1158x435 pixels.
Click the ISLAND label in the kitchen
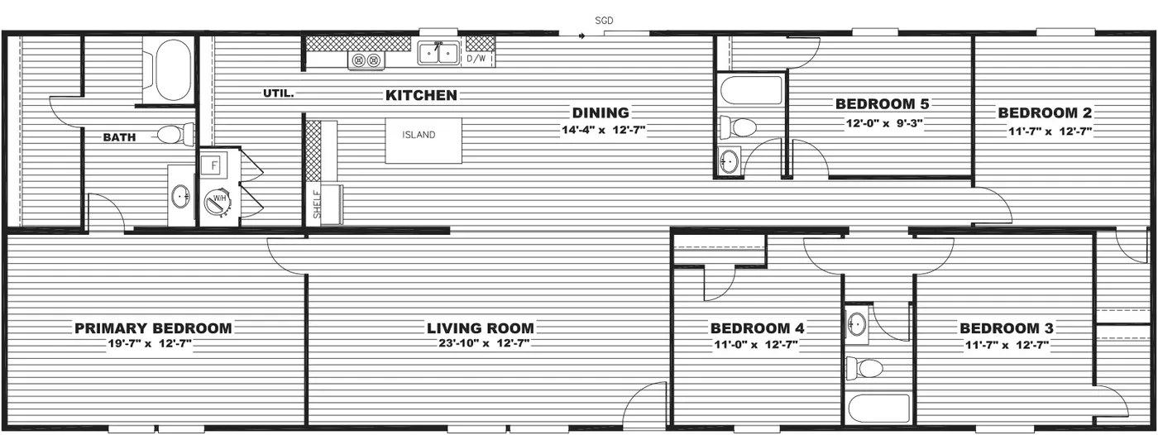[419, 135]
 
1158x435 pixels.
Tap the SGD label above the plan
[605, 20]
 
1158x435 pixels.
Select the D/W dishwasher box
[476, 59]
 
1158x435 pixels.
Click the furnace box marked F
[213, 164]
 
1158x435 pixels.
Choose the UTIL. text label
[278, 93]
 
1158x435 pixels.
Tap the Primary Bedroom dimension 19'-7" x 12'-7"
[152, 344]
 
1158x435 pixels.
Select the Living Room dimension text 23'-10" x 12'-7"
[480, 344]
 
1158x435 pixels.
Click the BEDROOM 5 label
[882, 104]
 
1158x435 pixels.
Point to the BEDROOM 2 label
[1045, 113]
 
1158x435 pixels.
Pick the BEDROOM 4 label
[757, 328]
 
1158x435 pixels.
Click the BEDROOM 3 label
[1006, 328]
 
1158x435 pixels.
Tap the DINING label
[601, 113]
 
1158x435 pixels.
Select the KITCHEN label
[421, 95]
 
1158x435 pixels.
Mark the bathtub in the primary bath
[168, 69]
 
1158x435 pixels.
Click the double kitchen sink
[438, 53]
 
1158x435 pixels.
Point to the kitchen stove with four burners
[366, 60]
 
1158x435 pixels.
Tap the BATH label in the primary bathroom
[119, 137]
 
